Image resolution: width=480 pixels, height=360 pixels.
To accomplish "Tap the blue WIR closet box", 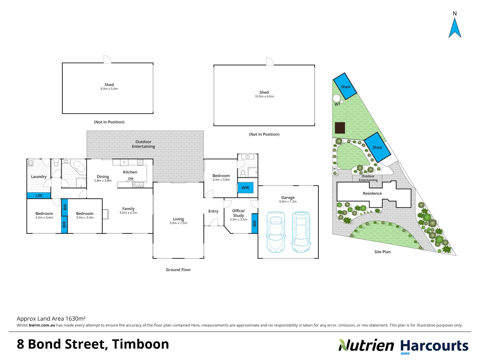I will pos(245,188).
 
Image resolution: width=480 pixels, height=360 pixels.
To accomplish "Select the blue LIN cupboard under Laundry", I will pos(39,196).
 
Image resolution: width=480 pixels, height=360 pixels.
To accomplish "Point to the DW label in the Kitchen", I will pos(131,179).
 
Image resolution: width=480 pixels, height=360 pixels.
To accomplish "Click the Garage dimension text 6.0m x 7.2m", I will pos(288,202).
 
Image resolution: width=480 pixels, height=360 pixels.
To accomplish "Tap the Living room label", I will pos(178,219).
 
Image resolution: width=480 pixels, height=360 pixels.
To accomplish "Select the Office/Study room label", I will pos(238,213).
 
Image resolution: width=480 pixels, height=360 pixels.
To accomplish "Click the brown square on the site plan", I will pos(340,128).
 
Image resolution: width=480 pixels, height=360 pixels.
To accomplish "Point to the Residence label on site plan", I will pos(372,193).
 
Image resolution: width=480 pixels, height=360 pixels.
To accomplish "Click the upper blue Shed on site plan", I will pos(345,86).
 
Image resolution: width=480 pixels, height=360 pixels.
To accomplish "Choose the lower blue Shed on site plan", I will pos(377,147).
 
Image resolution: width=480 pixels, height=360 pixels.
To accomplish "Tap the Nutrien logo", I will pos(366,345).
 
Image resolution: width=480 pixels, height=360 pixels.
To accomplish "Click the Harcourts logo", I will pos(434,346).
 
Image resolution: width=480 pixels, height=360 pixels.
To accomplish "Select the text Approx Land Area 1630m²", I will pos(51,319).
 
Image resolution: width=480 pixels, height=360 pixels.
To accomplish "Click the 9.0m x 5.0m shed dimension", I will pos(109,89).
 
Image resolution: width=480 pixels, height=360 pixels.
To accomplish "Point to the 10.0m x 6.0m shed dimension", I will pos(264,97).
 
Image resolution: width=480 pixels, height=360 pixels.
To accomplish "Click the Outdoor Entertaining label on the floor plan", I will pos(143,144).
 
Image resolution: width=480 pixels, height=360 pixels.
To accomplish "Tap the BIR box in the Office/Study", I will pos(254,223).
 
